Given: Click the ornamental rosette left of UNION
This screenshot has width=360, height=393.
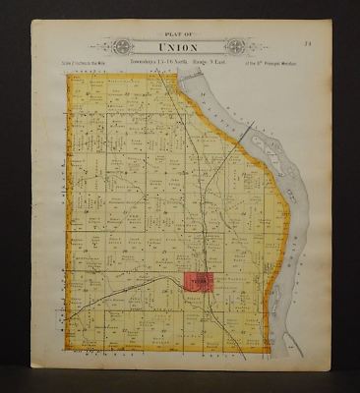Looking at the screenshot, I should tap(115, 46).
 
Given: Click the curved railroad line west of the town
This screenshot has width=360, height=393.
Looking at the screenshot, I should tap(138, 282).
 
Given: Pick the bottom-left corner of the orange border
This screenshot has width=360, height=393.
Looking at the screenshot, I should tap(69, 349).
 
